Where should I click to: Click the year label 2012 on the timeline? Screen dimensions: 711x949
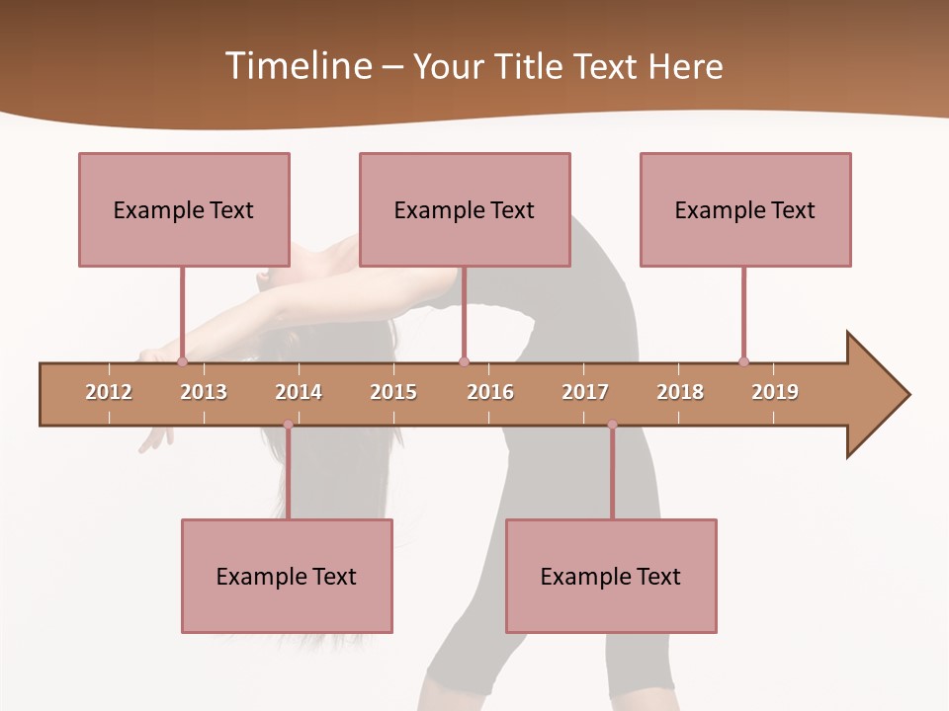(x=109, y=392)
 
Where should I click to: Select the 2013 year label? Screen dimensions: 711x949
(x=204, y=392)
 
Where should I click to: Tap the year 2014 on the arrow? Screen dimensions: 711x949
(x=299, y=392)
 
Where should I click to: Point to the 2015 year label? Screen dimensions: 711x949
(x=393, y=392)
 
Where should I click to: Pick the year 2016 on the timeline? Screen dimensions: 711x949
(x=490, y=392)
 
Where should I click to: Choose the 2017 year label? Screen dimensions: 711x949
(x=585, y=392)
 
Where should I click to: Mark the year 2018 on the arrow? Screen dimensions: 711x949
(x=680, y=392)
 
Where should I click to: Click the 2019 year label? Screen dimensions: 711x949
(x=775, y=392)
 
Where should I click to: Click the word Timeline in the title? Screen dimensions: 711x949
(x=297, y=66)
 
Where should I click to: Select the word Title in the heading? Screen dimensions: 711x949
(x=532, y=66)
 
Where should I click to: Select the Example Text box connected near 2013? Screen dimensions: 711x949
(x=184, y=209)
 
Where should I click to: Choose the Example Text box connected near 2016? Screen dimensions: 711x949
(x=465, y=209)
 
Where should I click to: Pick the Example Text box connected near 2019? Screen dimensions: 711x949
(x=745, y=209)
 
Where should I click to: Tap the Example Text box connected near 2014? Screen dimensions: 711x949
(x=287, y=576)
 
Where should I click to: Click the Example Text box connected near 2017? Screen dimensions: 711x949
(x=611, y=576)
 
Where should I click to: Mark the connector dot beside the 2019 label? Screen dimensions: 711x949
(x=743, y=361)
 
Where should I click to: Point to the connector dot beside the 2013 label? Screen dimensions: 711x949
(x=182, y=361)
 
